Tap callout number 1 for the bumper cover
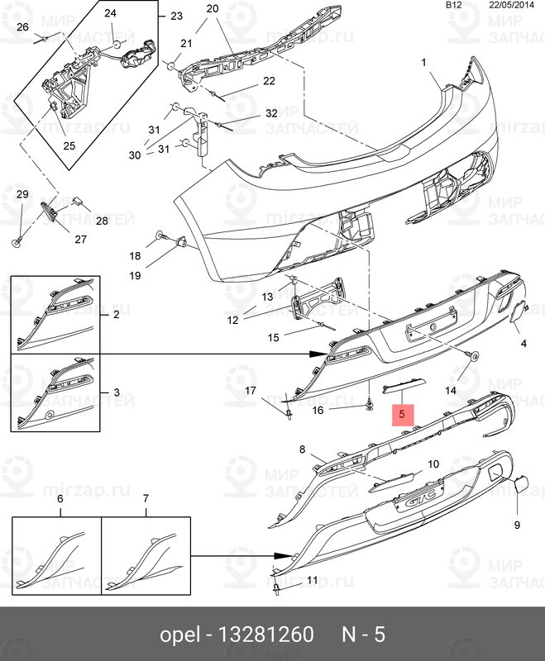(423, 62)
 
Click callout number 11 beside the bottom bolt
(312, 581)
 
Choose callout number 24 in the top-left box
(110, 13)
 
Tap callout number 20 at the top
(212, 9)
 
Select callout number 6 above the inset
(60, 499)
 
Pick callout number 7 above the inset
(146, 499)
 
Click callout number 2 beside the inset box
(116, 315)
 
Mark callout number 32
(272, 113)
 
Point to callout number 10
(433, 464)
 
